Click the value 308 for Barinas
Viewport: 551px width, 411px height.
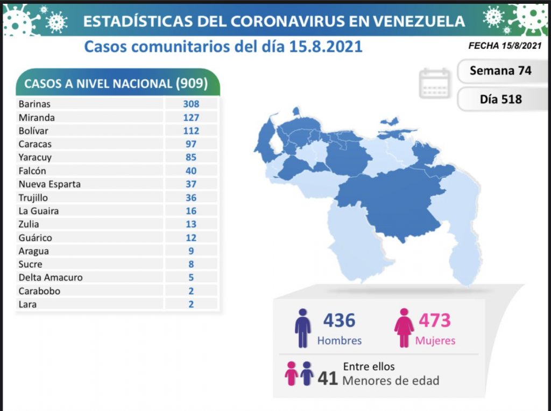(190, 104)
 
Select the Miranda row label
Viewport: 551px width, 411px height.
(37, 117)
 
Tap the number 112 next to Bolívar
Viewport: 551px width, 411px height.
(190, 131)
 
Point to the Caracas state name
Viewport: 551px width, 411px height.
(35, 144)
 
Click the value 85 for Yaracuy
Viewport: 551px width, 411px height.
(190, 157)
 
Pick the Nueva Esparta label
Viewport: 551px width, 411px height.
(50, 184)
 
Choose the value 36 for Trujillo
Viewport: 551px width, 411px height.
(190, 198)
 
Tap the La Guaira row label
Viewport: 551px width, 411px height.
(38, 211)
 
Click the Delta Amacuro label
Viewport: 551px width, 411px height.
(51, 277)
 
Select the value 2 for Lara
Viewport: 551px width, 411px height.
(190, 304)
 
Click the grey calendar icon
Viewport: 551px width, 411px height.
(435, 83)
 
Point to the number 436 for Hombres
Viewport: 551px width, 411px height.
(339, 321)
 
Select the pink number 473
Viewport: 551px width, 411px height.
(434, 321)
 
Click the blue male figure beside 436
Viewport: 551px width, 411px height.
(303, 328)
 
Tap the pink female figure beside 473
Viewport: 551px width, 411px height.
(404, 328)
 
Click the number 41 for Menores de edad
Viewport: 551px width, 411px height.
(327, 379)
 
